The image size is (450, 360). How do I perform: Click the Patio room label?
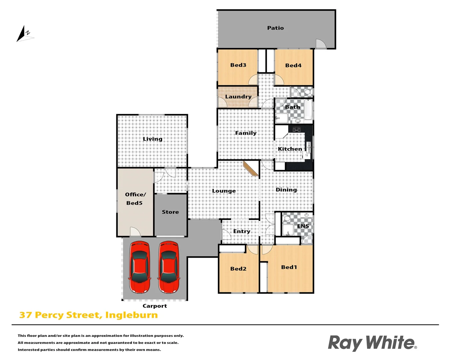(275, 28)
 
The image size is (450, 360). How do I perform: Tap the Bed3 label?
(238, 65)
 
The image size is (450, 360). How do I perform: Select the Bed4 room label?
(293, 65)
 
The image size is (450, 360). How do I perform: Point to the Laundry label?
(238, 97)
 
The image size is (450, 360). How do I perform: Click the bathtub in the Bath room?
(308, 110)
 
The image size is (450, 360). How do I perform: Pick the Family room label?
(246, 133)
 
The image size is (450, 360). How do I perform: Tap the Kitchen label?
(290, 149)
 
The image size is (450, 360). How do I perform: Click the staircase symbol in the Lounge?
(251, 169)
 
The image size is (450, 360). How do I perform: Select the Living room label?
(152, 139)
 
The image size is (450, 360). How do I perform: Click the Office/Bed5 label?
(135, 199)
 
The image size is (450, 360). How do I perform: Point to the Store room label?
(170, 212)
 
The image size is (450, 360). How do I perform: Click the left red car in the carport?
(140, 267)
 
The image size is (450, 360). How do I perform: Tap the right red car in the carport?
(169, 267)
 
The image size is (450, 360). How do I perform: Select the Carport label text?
(155, 306)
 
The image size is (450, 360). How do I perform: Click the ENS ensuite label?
(303, 226)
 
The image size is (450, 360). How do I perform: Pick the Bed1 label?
(289, 267)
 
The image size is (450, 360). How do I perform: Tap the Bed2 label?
(238, 269)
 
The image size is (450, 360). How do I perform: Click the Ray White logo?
(372, 343)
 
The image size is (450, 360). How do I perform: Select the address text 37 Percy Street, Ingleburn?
(88, 315)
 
